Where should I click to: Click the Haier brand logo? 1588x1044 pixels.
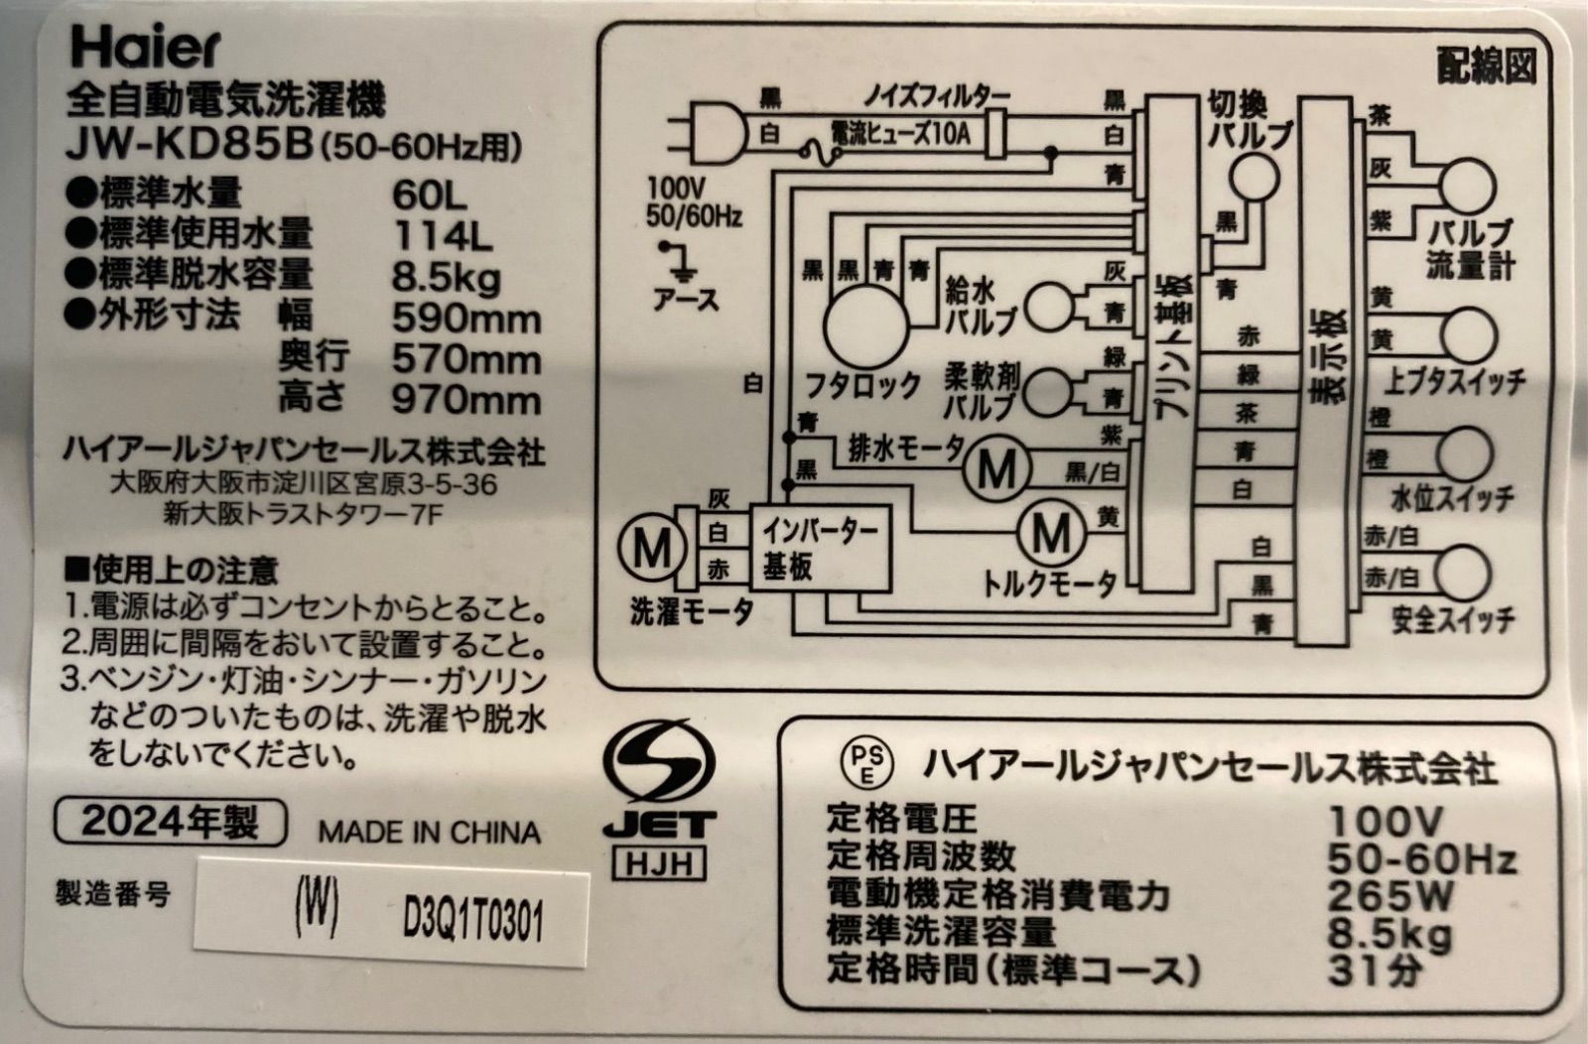point(146,49)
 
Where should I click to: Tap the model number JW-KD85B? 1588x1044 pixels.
point(189,147)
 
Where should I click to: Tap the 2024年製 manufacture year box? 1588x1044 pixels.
point(171,822)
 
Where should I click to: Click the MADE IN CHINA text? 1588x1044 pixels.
point(430,832)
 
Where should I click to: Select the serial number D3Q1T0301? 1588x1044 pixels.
point(472,921)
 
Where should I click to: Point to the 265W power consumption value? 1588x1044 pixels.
point(1389,895)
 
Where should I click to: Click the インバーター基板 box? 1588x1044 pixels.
point(820,549)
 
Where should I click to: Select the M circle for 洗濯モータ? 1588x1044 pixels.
point(652,548)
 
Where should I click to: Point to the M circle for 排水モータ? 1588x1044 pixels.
point(996,469)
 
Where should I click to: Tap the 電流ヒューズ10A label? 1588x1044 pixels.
point(900,134)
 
